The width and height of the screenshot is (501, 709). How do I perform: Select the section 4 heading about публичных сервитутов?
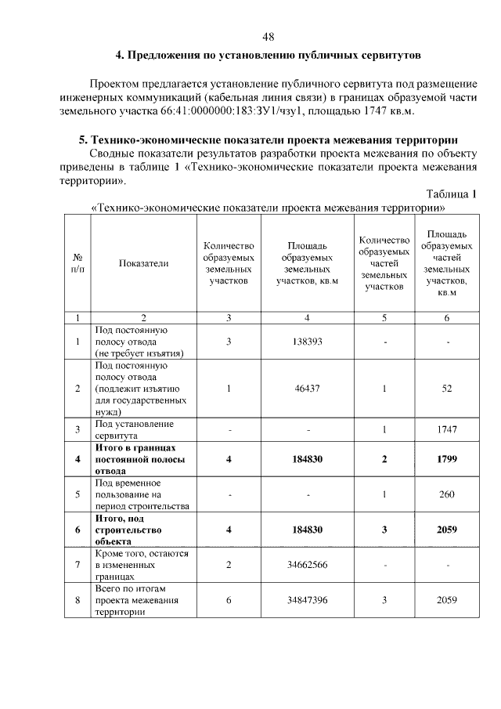click(x=269, y=56)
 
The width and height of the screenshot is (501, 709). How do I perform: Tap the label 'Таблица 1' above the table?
click(x=452, y=194)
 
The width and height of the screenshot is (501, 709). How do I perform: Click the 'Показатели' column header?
click(x=143, y=263)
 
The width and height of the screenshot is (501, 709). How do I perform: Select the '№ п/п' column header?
click(x=77, y=263)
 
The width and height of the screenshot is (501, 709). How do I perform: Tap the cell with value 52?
click(x=447, y=388)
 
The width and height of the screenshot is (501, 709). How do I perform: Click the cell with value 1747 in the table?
click(x=447, y=429)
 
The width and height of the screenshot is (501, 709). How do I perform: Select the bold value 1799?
click(x=447, y=459)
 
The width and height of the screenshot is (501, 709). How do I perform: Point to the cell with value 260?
click(x=447, y=494)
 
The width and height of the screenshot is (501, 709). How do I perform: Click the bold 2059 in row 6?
click(x=447, y=530)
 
